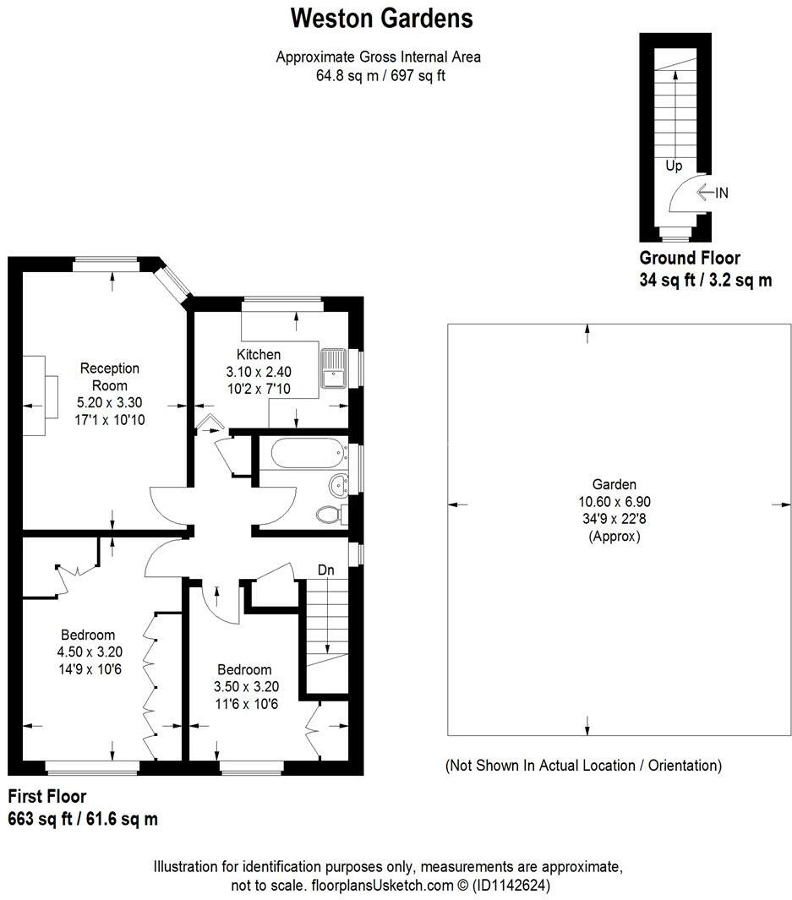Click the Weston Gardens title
381,18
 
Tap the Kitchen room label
258,354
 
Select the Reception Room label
109,376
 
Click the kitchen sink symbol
334,367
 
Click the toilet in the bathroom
329,513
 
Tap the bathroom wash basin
339,484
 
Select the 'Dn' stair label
326,570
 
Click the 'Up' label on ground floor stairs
674,166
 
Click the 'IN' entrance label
721,193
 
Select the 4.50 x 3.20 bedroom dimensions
87,652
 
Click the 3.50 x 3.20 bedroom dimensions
243,686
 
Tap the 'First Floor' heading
47,796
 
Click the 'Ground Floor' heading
690,259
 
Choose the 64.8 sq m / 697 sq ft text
378,74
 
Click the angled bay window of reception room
173,280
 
